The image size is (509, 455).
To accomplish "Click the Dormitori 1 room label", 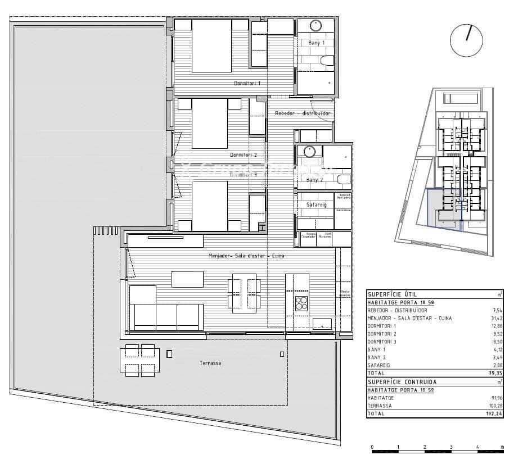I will (x=247, y=83).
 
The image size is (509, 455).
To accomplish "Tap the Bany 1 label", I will (x=317, y=43).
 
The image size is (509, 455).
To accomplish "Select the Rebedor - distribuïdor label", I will (x=302, y=113).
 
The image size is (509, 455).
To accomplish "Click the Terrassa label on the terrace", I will (x=210, y=363).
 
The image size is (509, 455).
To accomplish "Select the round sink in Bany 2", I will (x=309, y=151).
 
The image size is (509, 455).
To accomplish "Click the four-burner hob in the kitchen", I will (x=302, y=303).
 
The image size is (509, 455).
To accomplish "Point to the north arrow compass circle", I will (x=466, y=40).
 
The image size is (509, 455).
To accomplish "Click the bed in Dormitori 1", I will (x=211, y=46).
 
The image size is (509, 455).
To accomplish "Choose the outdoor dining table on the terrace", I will (x=139, y=361).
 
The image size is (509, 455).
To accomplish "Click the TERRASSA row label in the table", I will (x=380, y=405).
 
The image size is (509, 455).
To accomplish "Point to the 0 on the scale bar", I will (x=372, y=447).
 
